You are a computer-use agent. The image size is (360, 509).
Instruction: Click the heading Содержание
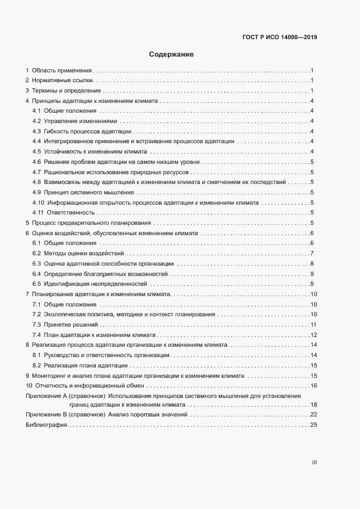(172, 54)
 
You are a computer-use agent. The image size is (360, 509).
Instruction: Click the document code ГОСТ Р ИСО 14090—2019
(279, 38)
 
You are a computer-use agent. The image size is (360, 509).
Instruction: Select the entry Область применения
(62, 71)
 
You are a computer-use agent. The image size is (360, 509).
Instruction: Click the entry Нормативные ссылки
(63, 81)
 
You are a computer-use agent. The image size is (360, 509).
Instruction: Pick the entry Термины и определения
(66, 90)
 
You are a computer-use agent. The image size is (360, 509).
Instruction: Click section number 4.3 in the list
(37, 131)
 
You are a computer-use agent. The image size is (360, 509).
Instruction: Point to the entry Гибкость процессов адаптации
(87, 131)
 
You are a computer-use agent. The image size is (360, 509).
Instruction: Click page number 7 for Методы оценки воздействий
(312, 253)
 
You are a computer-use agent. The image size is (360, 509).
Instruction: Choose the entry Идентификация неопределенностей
(96, 284)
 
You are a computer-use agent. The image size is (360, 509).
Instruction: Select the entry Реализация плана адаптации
(86, 365)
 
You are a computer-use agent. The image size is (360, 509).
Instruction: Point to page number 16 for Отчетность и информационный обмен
(313, 385)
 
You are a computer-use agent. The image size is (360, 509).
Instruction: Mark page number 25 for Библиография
(313, 425)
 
